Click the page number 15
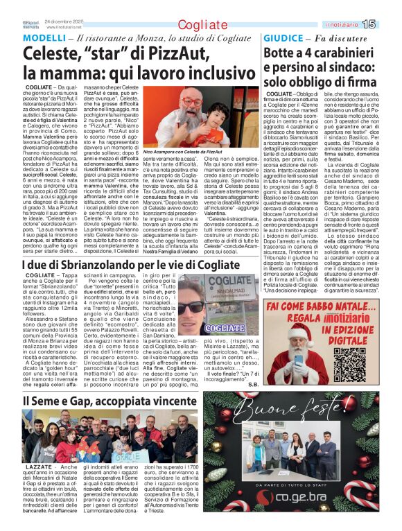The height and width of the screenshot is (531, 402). coord(387,24)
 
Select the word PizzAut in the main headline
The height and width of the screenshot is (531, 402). coord(165,53)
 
